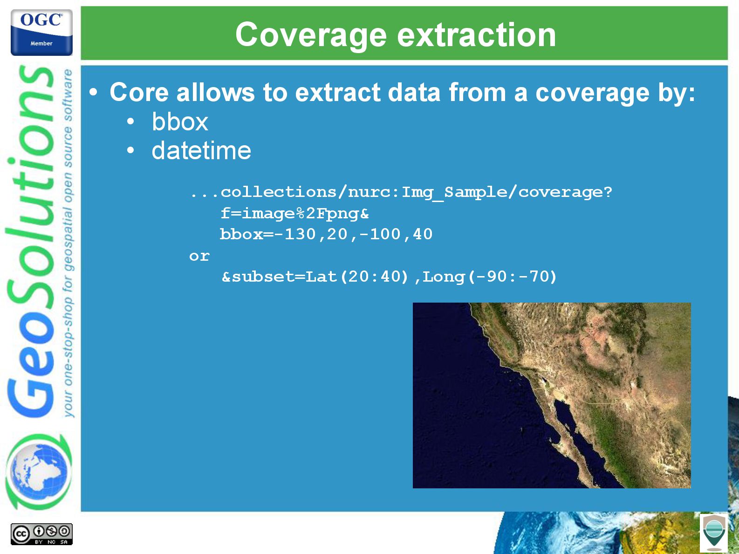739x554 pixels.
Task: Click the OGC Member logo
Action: (x=41, y=32)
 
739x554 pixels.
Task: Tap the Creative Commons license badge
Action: (x=41, y=534)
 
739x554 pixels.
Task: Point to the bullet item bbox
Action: (x=180, y=122)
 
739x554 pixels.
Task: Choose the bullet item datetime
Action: (x=201, y=150)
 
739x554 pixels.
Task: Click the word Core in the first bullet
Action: (x=139, y=92)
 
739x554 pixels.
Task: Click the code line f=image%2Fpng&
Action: (x=294, y=214)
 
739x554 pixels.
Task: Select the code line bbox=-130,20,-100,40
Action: (x=326, y=234)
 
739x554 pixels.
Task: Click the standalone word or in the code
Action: (x=199, y=257)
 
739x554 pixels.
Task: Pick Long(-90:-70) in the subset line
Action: (x=490, y=277)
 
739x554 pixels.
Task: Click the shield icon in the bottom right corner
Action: (x=714, y=533)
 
